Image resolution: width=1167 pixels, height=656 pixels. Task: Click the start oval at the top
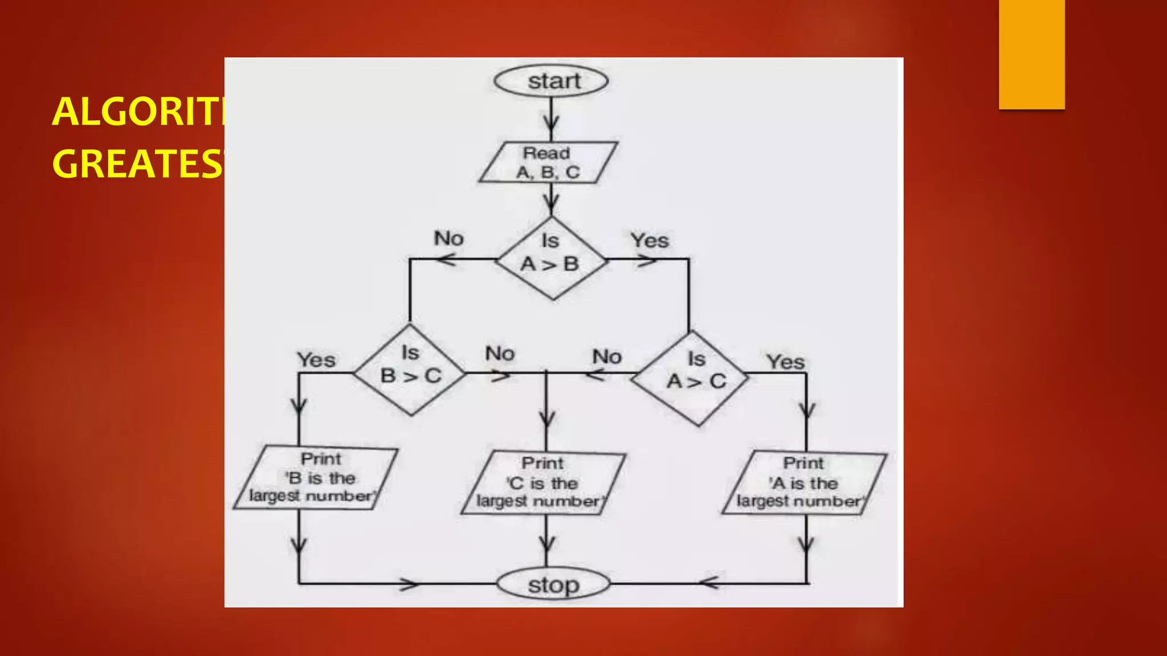coord(551,81)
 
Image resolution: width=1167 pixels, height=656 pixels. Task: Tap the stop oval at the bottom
coord(553,584)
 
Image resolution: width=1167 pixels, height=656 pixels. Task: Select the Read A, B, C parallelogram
coord(548,162)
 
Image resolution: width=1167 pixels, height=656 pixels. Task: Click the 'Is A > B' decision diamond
coord(551,258)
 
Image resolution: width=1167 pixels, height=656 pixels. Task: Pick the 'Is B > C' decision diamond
coord(410,369)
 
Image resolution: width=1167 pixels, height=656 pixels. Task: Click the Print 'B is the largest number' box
coord(315,477)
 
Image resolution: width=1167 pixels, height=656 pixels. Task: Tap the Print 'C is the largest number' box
coord(543,483)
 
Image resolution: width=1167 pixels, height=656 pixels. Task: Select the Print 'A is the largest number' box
coord(803,483)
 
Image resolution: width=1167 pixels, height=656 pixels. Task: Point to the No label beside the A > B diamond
coord(449,239)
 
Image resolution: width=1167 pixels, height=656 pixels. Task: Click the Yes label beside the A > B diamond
coord(650,240)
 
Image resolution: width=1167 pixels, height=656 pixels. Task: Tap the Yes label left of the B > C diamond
coord(316,360)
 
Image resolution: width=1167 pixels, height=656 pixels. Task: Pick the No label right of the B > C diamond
coord(500,354)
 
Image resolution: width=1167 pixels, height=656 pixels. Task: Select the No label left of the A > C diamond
coord(607,357)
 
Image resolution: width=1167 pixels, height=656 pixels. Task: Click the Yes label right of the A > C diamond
coord(785,362)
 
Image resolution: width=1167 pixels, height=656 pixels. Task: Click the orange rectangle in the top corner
coord(1031,54)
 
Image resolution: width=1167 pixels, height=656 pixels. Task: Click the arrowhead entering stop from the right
coord(708,583)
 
